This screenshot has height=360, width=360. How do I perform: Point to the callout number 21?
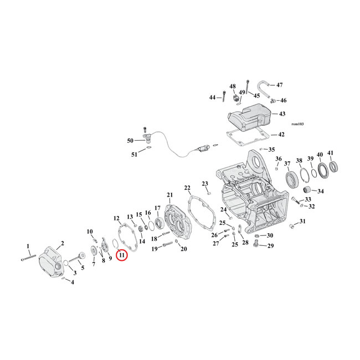pos(170,194)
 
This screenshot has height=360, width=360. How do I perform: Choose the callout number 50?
pos(131,141)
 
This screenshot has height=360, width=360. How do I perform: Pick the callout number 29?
pos(270,245)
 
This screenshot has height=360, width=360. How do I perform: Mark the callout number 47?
pos(279,85)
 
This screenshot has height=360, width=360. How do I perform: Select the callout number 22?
pos(188,188)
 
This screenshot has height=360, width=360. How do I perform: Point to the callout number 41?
pos(331,153)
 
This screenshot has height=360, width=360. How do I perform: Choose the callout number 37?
pos(287,163)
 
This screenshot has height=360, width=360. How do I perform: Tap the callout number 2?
pos(63,243)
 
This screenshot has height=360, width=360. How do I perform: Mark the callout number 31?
pos(302,222)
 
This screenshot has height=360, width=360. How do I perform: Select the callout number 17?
pos(157,208)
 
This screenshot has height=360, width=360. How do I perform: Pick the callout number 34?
pos(321,192)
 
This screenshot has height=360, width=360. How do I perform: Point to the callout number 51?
pos(133,155)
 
